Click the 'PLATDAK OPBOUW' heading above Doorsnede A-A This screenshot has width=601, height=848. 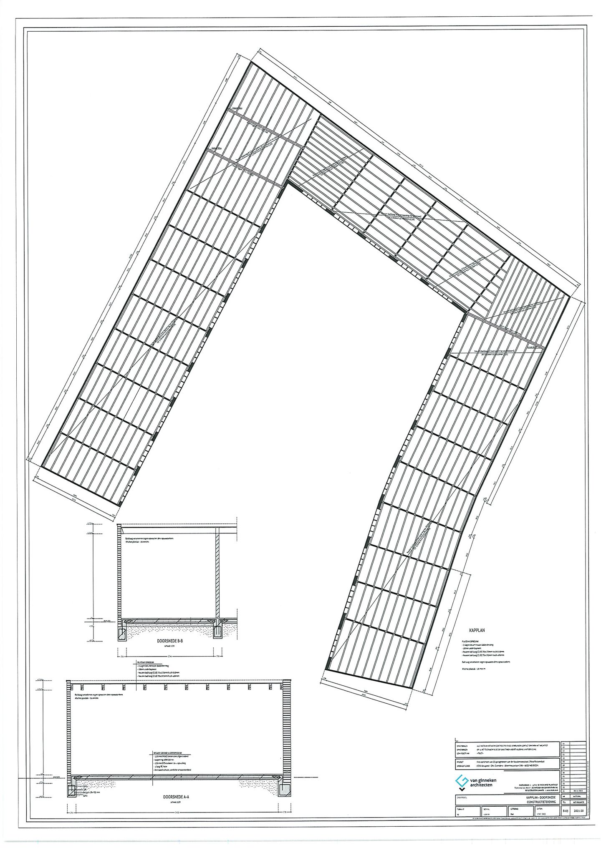146,662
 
